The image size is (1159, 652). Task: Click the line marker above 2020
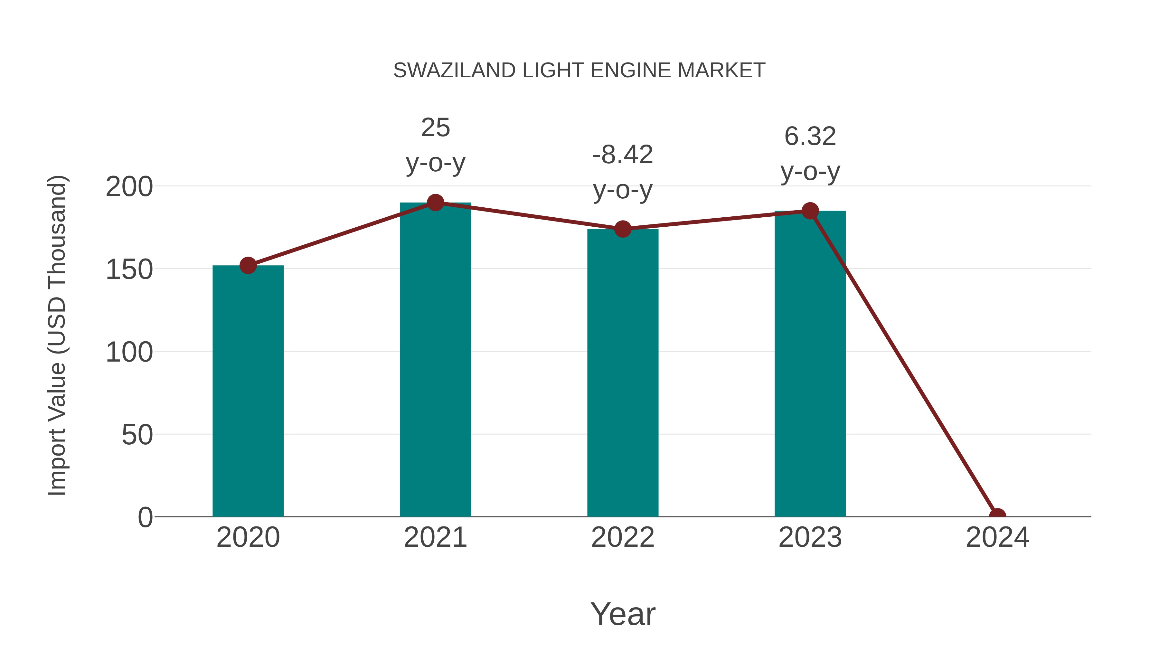click(x=248, y=266)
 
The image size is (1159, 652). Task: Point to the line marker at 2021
click(x=435, y=203)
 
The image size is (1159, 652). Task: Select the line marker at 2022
click(x=623, y=229)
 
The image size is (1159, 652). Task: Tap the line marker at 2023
click(x=810, y=211)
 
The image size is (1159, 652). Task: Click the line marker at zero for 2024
click(x=997, y=516)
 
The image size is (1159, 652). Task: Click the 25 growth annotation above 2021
click(x=435, y=128)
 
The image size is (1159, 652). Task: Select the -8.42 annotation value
click(x=623, y=155)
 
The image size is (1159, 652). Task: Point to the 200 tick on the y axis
click(x=129, y=187)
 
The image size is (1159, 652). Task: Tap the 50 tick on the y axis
click(x=137, y=435)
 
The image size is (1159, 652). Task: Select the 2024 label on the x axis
click(x=997, y=537)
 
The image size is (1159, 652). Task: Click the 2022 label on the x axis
click(x=623, y=537)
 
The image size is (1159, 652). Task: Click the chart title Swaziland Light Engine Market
click(x=579, y=71)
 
